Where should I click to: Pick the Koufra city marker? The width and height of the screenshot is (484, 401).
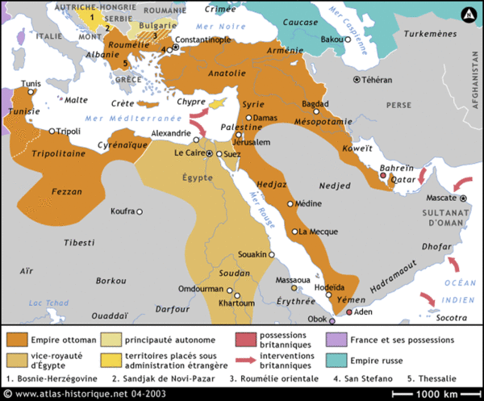(139, 211)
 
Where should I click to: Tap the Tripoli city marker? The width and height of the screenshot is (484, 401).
(52, 131)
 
